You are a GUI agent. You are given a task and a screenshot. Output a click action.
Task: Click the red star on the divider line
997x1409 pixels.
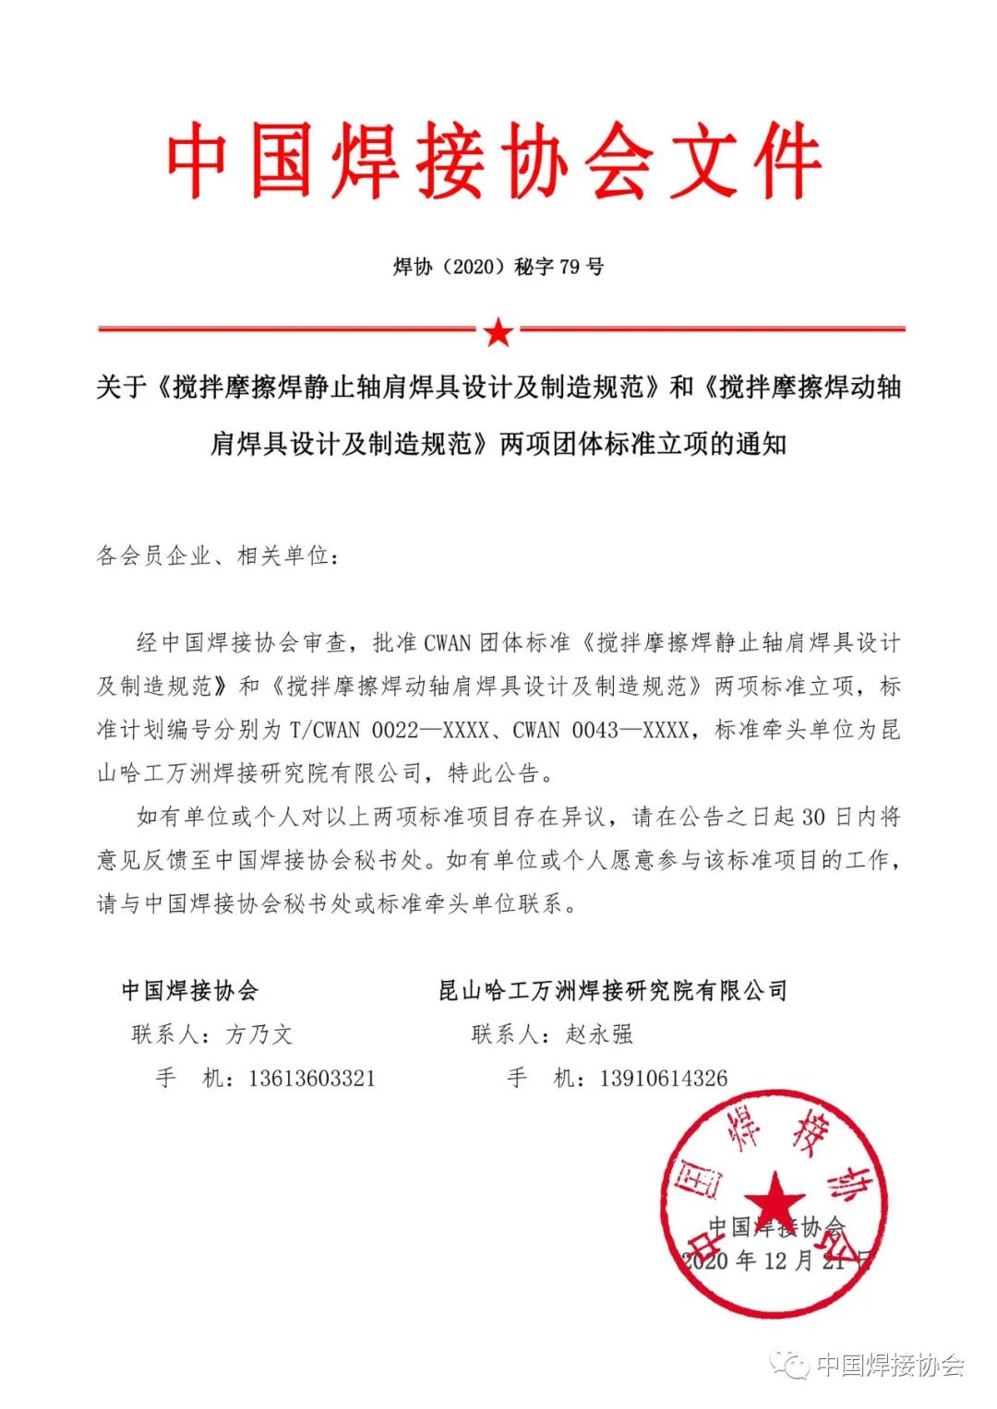[498, 330]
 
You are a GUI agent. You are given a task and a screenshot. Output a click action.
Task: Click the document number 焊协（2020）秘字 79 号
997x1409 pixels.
[498, 268]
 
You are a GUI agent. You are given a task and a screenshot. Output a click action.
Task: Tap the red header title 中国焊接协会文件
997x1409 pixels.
[495, 161]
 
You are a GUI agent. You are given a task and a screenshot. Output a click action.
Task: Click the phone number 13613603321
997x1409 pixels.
[312, 1079]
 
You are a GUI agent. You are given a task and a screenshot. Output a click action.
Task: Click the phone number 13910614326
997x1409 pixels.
[664, 1079]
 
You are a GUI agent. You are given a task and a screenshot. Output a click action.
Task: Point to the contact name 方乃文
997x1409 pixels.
[259, 1034]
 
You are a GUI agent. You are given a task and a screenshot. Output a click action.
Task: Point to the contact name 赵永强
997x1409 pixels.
[600, 1034]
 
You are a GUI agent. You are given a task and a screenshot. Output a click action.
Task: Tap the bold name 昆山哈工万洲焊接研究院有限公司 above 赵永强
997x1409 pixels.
[613, 991]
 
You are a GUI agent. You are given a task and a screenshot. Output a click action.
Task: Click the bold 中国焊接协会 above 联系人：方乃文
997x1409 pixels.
[190, 991]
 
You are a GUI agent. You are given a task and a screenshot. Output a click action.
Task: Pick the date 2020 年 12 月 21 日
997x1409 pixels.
[775, 1260]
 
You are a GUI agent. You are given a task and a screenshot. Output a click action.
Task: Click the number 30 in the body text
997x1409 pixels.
[813, 818]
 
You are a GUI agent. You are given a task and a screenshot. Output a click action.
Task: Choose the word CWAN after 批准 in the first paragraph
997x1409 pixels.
[448, 642]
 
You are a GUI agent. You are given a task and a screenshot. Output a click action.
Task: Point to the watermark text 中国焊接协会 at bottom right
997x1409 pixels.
[891, 1365]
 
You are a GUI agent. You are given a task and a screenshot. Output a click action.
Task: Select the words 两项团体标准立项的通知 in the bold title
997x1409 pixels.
[643, 444]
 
